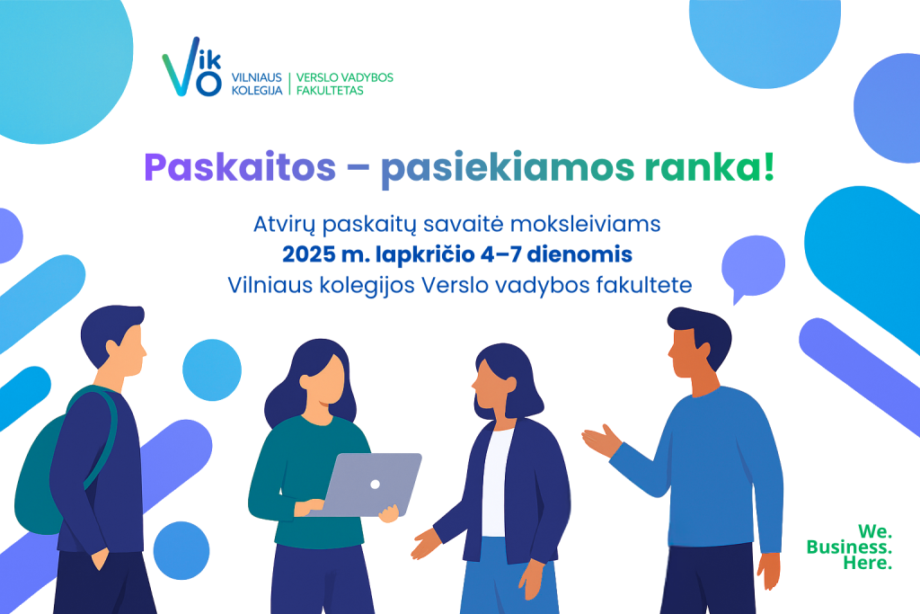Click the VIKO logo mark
point(192,67)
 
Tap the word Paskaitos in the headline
point(240,168)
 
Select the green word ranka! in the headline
point(710,167)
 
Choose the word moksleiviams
point(586,224)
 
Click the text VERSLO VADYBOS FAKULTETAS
point(344,84)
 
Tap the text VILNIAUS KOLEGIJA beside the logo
point(257,84)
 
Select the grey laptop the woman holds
point(372,485)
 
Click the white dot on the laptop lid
point(375,485)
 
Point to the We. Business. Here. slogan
point(849,547)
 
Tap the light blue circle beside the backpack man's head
point(212,369)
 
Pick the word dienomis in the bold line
point(579,254)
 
